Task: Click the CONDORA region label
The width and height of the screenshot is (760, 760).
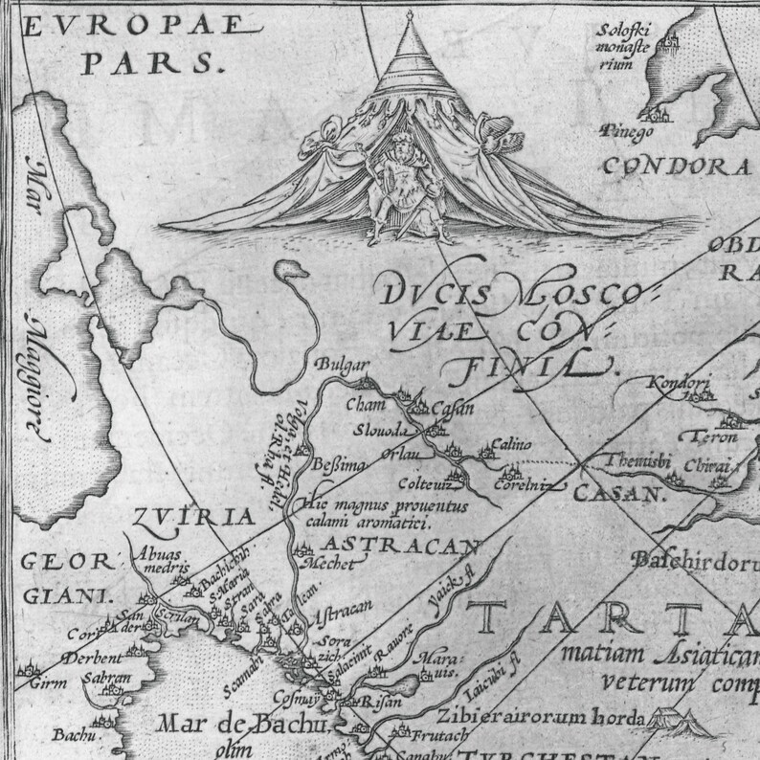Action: (x=675, y=166)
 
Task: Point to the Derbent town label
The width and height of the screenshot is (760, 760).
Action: (x=92, y=658)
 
